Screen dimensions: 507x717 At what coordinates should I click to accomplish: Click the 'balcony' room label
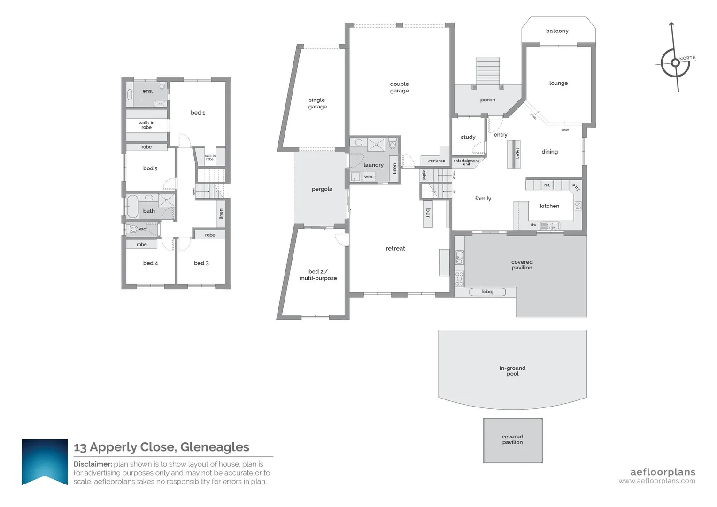pyautogui.click(x=557, y=31)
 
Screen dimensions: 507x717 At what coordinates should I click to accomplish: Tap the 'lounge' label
pyautogui.click(x=558, y=83)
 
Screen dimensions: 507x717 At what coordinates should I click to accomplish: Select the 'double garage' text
pyautogui.click(x=399, y=87)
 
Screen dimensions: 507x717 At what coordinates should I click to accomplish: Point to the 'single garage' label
pyautogui.click(x=317, y=103)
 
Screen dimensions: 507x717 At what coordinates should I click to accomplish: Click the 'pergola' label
pyautogui.click(x=322, y=189)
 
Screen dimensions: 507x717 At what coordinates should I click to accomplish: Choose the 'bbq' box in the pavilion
pyautogui.click(x=487, y=292)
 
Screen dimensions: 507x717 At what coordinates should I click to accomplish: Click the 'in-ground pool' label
pyautogui.click(x=512, y=371)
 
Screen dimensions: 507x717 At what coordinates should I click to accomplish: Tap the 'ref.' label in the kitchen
pyautogui.click(x=547, y=185)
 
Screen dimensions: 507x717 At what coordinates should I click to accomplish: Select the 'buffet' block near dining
pyautogui.click(x=517, y=154)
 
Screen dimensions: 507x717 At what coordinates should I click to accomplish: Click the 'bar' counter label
pyautogui.click(x=428, y=213)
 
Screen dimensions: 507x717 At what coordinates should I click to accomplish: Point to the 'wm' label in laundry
pyautogui.click(x=369, y=177)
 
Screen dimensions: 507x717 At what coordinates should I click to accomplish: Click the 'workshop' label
pyautogui.click(x=436, y=161)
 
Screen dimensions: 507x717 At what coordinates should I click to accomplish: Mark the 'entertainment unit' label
pyautogui.click(x=466, y=162)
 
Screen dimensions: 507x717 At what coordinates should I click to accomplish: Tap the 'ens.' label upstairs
pyautogui.click(x=147, y=91)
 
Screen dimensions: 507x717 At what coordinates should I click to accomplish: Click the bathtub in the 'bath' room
pyautogui.click(x=132, y=207)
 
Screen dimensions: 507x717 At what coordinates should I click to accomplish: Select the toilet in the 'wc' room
pyautogui.click(x=134, y=229)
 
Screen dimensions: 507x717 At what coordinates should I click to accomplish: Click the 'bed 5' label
pyautogui.click(x=150, y=169)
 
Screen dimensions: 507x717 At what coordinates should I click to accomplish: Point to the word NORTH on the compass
pyautogui.click(x=687, y=58)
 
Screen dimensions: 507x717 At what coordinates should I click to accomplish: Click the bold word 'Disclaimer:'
pyautogui.click(x=93, y=464)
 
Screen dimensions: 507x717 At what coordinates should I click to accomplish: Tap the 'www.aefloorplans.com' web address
pyautogui.click(x=656, y=481)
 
